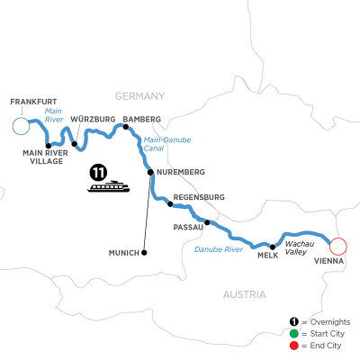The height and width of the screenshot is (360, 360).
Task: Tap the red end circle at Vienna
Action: tap(338, 246)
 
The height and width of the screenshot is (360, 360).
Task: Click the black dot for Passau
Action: tap(207, 222)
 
